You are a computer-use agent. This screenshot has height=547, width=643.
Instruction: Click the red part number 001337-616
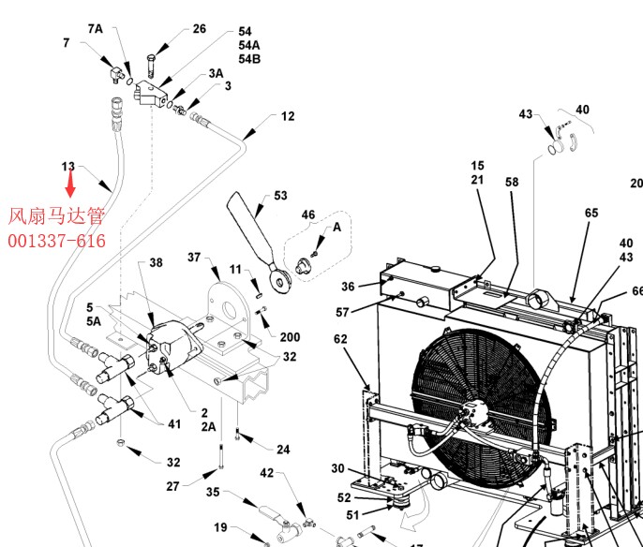(x=56, y=242)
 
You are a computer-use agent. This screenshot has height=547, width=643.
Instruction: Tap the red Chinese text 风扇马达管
(x=56, y=216)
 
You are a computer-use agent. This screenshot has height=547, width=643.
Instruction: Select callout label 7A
(x=96, y=28)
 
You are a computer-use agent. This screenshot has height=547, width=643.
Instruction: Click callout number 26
(x=199, y=29)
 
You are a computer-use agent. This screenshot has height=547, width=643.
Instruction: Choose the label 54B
(x=249, y=59)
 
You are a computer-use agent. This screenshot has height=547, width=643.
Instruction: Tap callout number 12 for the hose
(x=288, y=116)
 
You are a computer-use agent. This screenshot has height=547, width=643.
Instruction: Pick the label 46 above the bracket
(x=308, y=215)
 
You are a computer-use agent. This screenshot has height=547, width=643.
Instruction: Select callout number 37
(x=194, y=257)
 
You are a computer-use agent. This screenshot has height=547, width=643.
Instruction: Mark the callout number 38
(x=156, y=262)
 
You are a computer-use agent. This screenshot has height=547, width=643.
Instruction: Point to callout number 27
(x=172, y=485)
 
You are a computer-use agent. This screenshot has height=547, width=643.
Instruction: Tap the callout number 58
(x=512, y=182)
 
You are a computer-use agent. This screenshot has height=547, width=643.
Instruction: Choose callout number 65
(x=591, y=214)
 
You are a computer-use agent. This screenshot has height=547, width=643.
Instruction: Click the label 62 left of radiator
(x=340, y=339)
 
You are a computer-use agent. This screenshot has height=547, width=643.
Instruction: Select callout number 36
(x=348, y=287)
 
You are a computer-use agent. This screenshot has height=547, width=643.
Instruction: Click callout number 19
(x=220, y=526)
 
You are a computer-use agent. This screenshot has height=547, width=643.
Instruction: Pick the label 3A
(x=216, y=73)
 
